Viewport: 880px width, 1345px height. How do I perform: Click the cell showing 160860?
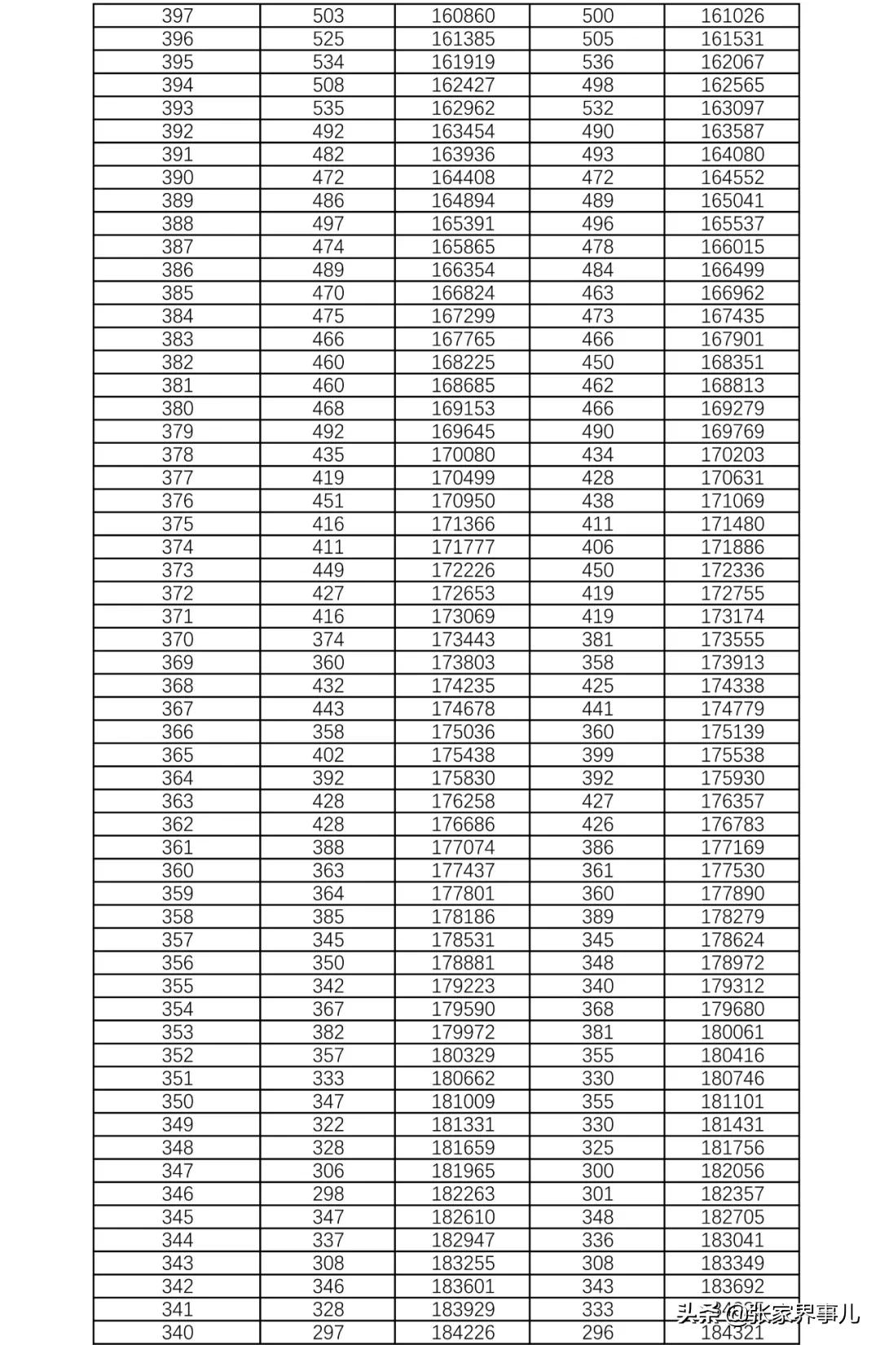(463, 15)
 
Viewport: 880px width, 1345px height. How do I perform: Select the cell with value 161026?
(733, 15)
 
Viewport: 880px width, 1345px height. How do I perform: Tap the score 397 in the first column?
(177, 15)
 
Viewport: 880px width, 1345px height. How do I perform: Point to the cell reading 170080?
(463, 454)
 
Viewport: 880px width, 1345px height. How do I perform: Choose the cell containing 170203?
(733, 454)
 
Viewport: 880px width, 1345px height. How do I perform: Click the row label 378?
(177, 454)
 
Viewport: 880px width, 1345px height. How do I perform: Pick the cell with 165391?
(463, 224)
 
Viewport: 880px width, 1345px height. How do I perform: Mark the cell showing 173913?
(733, 663)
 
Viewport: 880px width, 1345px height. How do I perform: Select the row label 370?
(177, 639)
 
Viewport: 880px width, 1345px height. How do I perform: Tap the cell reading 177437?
(463, 870)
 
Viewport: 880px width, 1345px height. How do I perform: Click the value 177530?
(733, 870)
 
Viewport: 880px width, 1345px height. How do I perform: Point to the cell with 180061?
(733, 1032)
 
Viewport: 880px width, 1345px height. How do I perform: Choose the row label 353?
(177, 1032)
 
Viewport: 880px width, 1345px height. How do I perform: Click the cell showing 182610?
(463, 1217)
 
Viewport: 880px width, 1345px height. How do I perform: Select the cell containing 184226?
(463, 1333)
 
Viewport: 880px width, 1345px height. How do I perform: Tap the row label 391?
(177, 155)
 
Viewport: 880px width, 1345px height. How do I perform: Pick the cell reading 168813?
(733, 385)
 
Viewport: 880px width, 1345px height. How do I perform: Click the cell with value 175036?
(463, 732)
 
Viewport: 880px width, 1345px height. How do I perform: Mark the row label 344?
(177, 1240)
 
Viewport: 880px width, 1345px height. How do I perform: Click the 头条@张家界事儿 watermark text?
(767, 1312)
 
